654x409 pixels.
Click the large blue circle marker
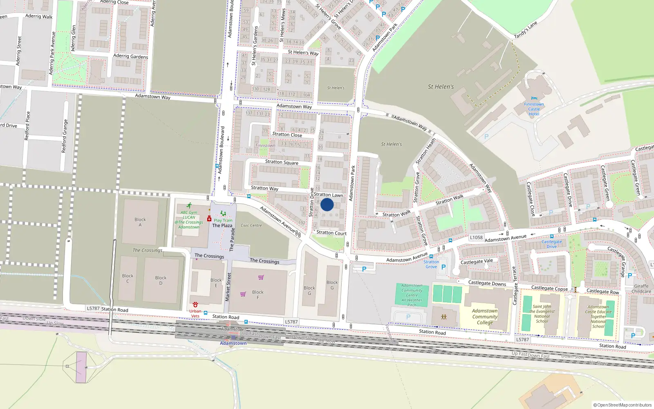[x=327, y=204]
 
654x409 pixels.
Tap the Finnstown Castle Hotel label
[x=534, y=109]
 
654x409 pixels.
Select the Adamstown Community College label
[x=485, y=317]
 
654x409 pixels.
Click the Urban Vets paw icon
[x=195, y=305]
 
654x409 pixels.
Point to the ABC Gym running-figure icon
[x=189, y=206]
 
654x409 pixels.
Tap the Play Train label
[x=223, y=220]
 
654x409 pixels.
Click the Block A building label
[x=140, y=222]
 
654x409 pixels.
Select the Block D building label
[x=161, y=280]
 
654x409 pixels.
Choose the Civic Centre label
[x=251, y=225]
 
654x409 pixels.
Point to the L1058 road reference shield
[x=476, y=237]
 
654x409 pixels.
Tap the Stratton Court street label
[x=331, y=233]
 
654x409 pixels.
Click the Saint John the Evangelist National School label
[x=542, y=314]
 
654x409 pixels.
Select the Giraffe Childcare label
[x=641, y=289]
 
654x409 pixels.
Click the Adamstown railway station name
[x=233, y=343]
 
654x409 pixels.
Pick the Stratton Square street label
[x=282, y=162]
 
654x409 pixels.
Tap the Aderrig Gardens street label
[x=130, y=56]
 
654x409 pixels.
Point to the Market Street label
[x=228, y=287]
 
